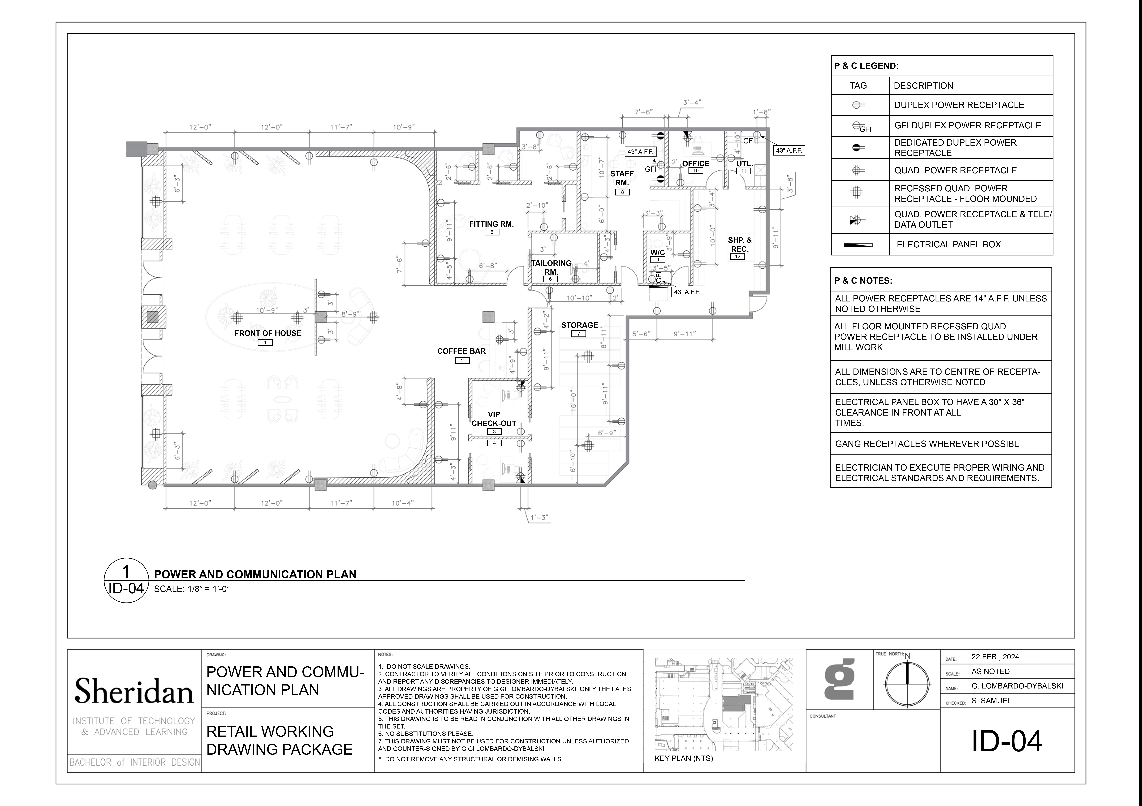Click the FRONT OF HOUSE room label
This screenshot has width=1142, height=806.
tap(268, 333)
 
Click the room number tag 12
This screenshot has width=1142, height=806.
tap(738, 256)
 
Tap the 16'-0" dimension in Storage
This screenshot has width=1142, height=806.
tap(574, 400)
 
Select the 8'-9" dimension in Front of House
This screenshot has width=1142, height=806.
tap(350, 314)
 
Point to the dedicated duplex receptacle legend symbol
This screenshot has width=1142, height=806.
tap(859, 147)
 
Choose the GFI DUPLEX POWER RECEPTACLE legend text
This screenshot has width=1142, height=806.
tap(967, 125)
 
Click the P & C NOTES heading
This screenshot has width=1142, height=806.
tap(863, 281)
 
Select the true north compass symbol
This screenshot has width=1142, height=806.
tap(907, 683)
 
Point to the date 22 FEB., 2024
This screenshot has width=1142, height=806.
tap(995, 657)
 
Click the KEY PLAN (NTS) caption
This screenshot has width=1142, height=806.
tap(684, 758)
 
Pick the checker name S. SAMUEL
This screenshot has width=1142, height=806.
tap(991, 701)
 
